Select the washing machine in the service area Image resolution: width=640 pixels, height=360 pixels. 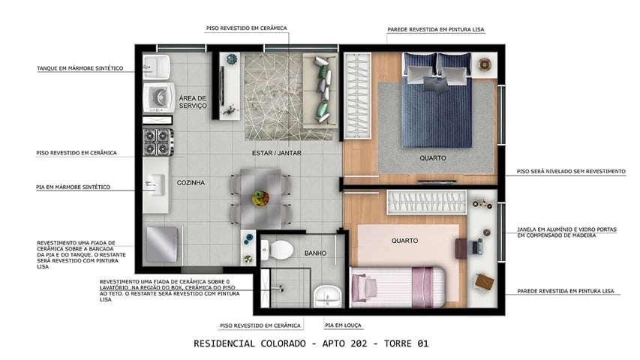pyautogui.click(x=158, y=97)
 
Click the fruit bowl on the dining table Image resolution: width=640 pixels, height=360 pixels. pyautogui.click(x=260, y=198)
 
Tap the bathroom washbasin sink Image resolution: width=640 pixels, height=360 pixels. pyautogui.click(x=327, y=296)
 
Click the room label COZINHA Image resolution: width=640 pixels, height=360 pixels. pyautogui.click(x=191, y=182)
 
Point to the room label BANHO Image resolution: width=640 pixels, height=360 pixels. pyautogui.click(x=315, y=253)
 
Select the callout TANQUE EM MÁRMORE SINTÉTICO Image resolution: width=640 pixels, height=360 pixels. pyautogui.click(x=80, y=68)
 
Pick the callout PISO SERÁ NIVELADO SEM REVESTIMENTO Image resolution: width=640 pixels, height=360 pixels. pyautogui.click(x=571, y=171)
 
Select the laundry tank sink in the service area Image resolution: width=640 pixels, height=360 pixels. pyautogui.click(x=158, y=64)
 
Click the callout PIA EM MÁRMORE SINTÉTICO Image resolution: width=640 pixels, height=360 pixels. pyautogui.click(x=74, y=187)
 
